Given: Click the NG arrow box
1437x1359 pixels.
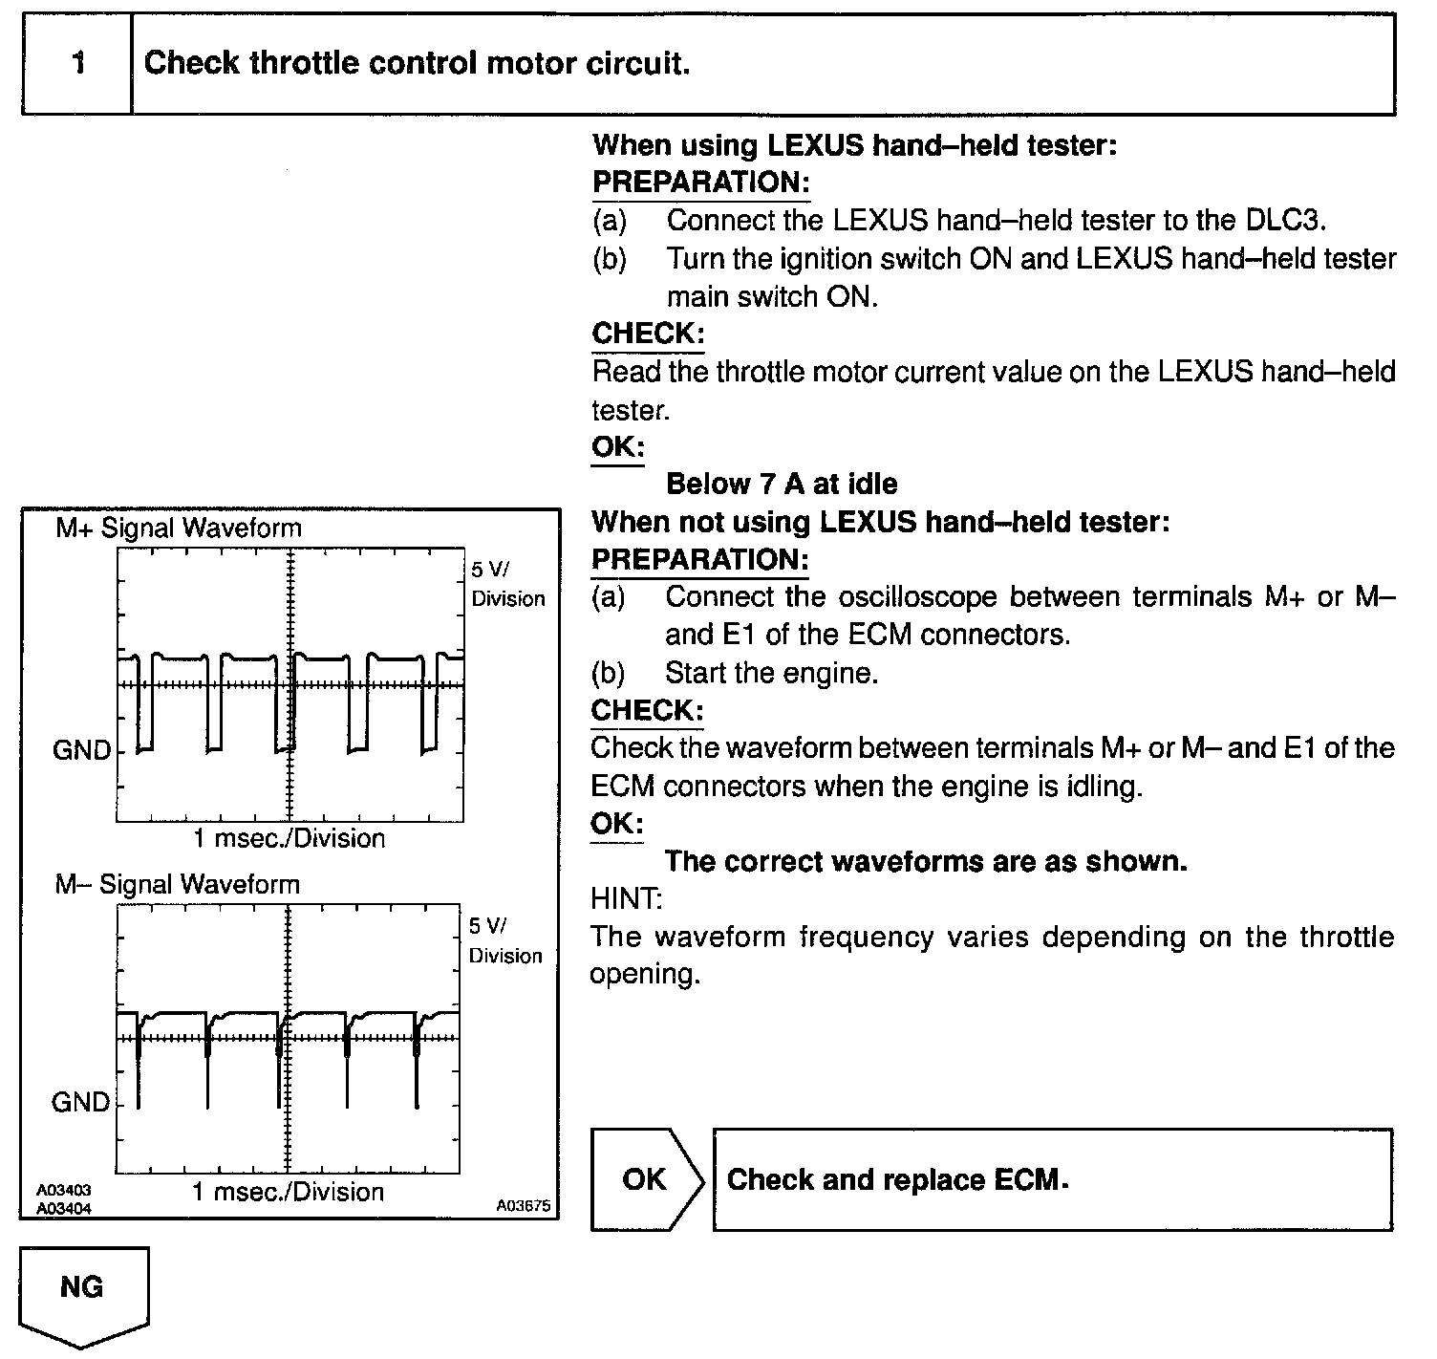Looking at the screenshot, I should [82, 1290].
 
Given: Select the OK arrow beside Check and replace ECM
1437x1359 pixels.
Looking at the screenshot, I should [645, 1179].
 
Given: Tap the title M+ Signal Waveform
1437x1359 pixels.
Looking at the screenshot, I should [179, 528].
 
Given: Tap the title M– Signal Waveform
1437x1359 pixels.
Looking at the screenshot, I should [178, 885].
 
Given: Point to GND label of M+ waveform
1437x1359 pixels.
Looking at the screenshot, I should [82, 750].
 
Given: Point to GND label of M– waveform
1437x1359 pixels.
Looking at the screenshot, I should [81, 1103].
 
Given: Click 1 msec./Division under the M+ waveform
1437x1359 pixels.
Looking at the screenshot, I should [290, 839].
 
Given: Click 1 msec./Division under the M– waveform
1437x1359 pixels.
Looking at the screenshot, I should [289, 1193].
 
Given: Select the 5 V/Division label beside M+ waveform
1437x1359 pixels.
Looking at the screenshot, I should [507, 584].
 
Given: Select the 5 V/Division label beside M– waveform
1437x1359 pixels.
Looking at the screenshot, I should [505, 940].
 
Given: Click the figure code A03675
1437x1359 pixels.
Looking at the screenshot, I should [523, 1206].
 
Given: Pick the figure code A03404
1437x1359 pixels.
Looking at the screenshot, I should [64, 1209].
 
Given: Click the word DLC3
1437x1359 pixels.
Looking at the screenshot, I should [1285, 221].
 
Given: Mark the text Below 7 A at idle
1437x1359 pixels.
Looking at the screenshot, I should [782, 485].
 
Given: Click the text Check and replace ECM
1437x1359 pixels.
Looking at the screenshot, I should [897, 1179].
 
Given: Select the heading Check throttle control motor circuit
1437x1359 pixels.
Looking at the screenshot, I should [417, 64].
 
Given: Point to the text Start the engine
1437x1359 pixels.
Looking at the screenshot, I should [771, 673].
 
